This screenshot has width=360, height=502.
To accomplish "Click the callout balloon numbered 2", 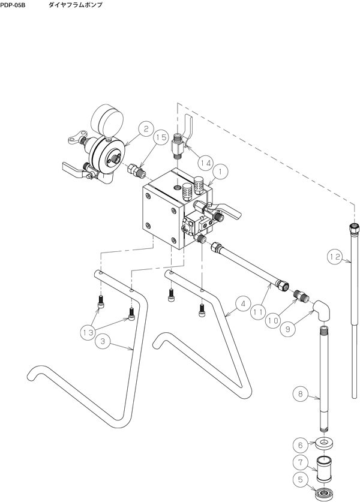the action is [146, 129].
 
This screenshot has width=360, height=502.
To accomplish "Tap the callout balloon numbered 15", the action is [161, 137].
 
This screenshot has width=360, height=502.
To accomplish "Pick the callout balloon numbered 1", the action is [220, 172].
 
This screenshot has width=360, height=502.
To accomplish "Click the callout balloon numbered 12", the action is [335, 257].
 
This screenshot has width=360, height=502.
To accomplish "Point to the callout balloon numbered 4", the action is [243, 304].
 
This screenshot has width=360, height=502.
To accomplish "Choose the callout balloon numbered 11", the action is [258, 312].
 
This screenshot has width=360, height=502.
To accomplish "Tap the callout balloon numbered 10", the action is [273, 320].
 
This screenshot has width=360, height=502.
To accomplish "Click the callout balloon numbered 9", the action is [287, 329].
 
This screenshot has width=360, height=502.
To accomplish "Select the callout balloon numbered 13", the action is [88, 333].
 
